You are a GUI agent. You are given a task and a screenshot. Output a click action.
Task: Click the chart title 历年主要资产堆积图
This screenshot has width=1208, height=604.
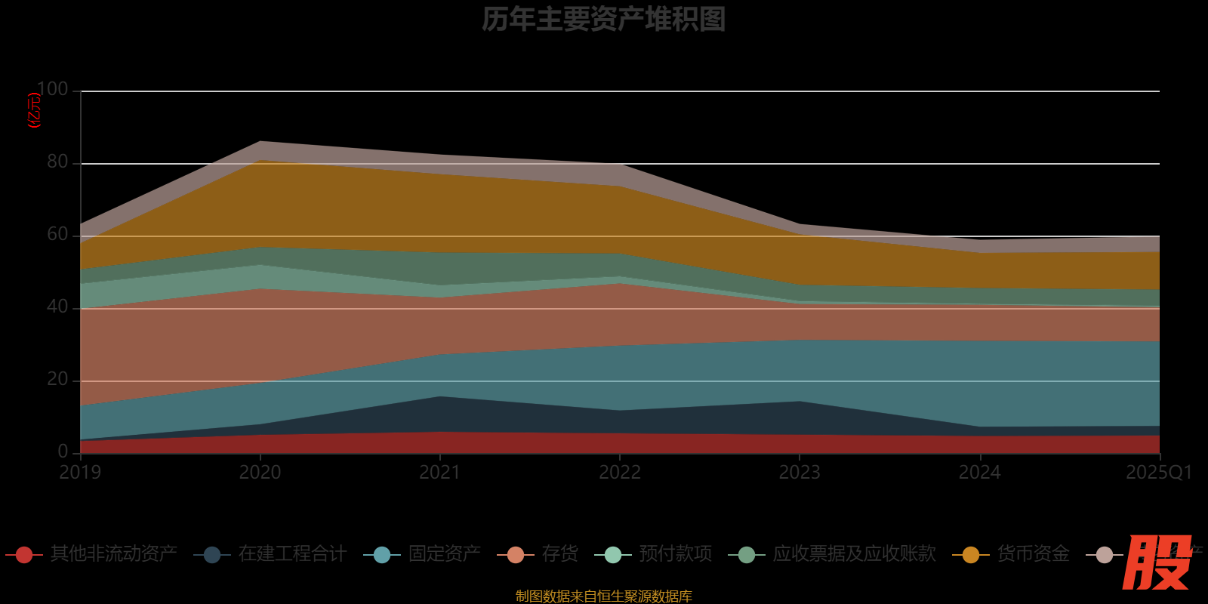click(603, 20)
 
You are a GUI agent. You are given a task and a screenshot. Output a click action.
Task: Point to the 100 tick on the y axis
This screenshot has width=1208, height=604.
click(52, 90)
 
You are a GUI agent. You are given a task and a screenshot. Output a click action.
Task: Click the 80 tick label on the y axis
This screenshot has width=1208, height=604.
click(57, 162)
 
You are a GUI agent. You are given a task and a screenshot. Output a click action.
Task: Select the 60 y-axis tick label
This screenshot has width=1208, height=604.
click(57, 234)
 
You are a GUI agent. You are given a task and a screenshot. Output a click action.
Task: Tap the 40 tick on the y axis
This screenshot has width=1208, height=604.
click(57, 307)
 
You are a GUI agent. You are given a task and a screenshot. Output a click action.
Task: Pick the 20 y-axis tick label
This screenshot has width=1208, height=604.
click(57, 379)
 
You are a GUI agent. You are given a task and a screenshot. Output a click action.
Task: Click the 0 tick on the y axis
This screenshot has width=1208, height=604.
click(63, 451)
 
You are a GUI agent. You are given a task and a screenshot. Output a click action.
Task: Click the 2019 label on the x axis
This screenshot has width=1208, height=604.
click(80, 473)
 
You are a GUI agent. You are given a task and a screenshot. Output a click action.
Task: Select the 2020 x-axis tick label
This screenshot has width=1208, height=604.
click(260, 473)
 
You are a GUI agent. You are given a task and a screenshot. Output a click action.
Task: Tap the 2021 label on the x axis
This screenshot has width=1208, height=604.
click(439, 473)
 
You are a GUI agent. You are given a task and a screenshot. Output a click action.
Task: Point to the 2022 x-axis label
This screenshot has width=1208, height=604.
click(620, 473)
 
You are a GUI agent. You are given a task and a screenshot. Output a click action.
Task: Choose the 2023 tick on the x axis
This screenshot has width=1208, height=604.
click(800, 473)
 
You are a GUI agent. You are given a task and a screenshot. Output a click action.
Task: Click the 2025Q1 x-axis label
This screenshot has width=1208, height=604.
click(1158, 473)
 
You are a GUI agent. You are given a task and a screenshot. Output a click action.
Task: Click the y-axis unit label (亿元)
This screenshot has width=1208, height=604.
click(34, 110)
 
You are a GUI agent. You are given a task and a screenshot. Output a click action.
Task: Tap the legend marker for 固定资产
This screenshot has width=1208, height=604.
click(382, 555)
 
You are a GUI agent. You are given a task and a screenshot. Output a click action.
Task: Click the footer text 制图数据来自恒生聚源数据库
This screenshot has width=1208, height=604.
click(603, 596)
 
